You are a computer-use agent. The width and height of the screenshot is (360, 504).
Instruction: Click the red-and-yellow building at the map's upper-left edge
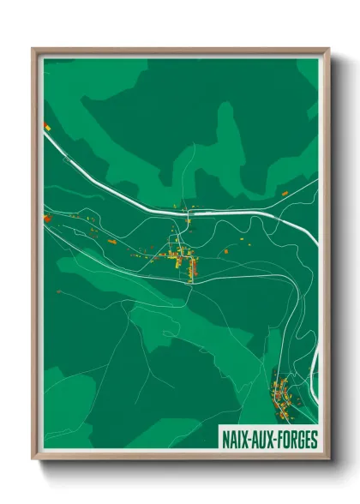coord(47,127)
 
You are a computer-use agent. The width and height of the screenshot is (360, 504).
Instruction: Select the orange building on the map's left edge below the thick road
coord(48,219)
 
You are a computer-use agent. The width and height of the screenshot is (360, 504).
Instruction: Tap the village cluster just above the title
coord(283,394)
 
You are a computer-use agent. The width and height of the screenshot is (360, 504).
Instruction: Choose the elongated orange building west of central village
coord(136,255)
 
